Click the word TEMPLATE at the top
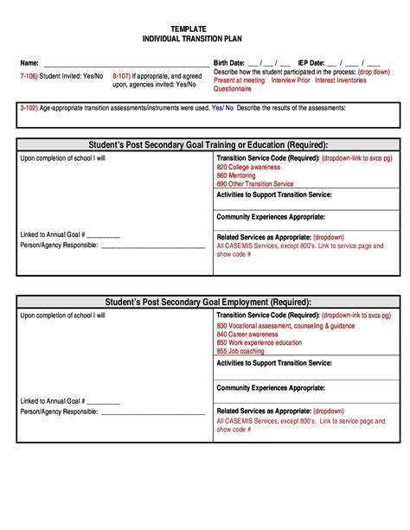coord(188,29)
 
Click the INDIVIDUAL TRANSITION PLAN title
coord(188,40)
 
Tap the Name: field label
coord(29,63)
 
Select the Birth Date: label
coord(229,63)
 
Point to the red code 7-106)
coord(28,76)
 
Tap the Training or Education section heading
coord(208,144)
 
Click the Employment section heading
coord(208,302)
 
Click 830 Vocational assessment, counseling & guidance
coord(285,325)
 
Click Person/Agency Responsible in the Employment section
coord(59,412)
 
